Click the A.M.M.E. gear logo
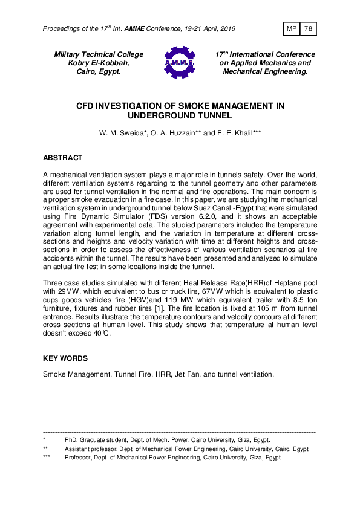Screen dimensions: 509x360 tap(179, 63)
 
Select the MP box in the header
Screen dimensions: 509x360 tap(291, 28)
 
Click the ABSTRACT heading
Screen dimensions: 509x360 tap(62, 158)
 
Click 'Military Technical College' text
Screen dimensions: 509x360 tap(99, 54)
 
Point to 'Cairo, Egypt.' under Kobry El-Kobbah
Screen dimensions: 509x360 tap(99, 71)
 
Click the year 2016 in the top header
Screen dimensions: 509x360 tap(226, 29)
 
